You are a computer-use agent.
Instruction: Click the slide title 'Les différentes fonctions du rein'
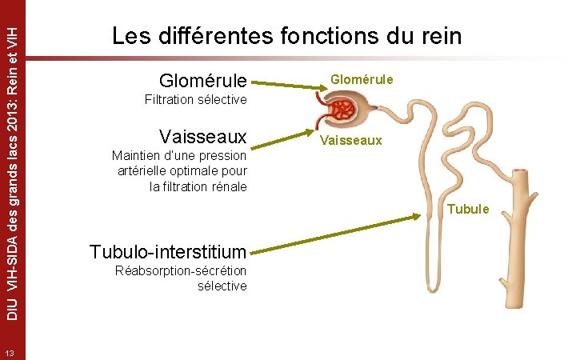coord(286,37)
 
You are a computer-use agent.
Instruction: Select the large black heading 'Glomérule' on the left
coord(203,81)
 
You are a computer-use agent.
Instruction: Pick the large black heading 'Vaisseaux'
coord(203,134)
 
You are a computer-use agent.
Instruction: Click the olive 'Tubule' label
coord(468,210)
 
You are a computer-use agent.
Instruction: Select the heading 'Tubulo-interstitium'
coord(168,251)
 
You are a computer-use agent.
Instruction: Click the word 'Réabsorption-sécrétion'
coord(181,270)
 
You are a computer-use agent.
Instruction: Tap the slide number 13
coord(10,353)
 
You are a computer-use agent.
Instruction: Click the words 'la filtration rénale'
coord(198,187)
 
